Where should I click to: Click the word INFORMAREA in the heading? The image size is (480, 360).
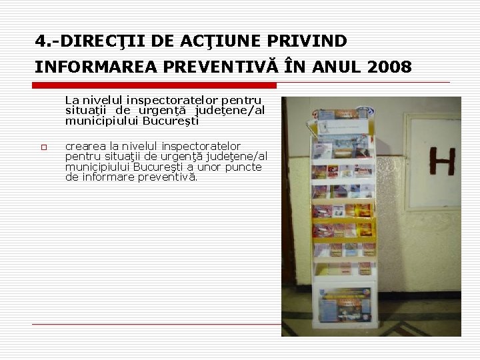(90, 67)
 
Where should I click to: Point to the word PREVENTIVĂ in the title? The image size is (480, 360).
(215, 67)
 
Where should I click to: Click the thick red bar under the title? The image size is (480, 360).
(155, 85)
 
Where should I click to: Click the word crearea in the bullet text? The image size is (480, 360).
(86, 146)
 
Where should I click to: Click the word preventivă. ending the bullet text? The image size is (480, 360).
(167, 177)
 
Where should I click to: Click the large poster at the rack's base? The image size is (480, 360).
(344, 305)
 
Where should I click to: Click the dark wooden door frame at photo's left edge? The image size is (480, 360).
(289, 200)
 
